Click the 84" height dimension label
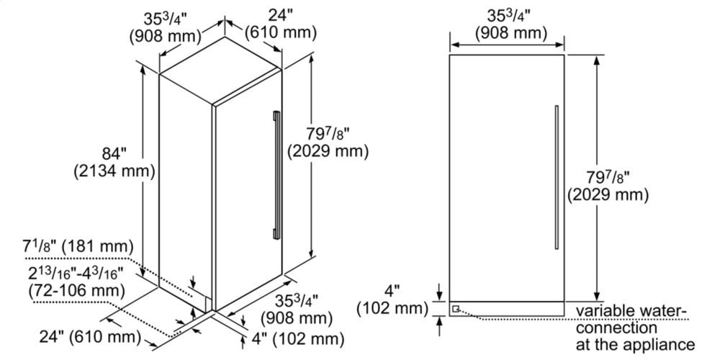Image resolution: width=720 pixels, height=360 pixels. coord(114,153)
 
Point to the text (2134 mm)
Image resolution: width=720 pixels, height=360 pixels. coord(114,171)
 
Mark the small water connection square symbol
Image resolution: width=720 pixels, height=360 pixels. coord(455,309)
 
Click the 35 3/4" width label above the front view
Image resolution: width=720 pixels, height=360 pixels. coord(510,24)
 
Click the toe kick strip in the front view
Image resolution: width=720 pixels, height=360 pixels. coord(508,309)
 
